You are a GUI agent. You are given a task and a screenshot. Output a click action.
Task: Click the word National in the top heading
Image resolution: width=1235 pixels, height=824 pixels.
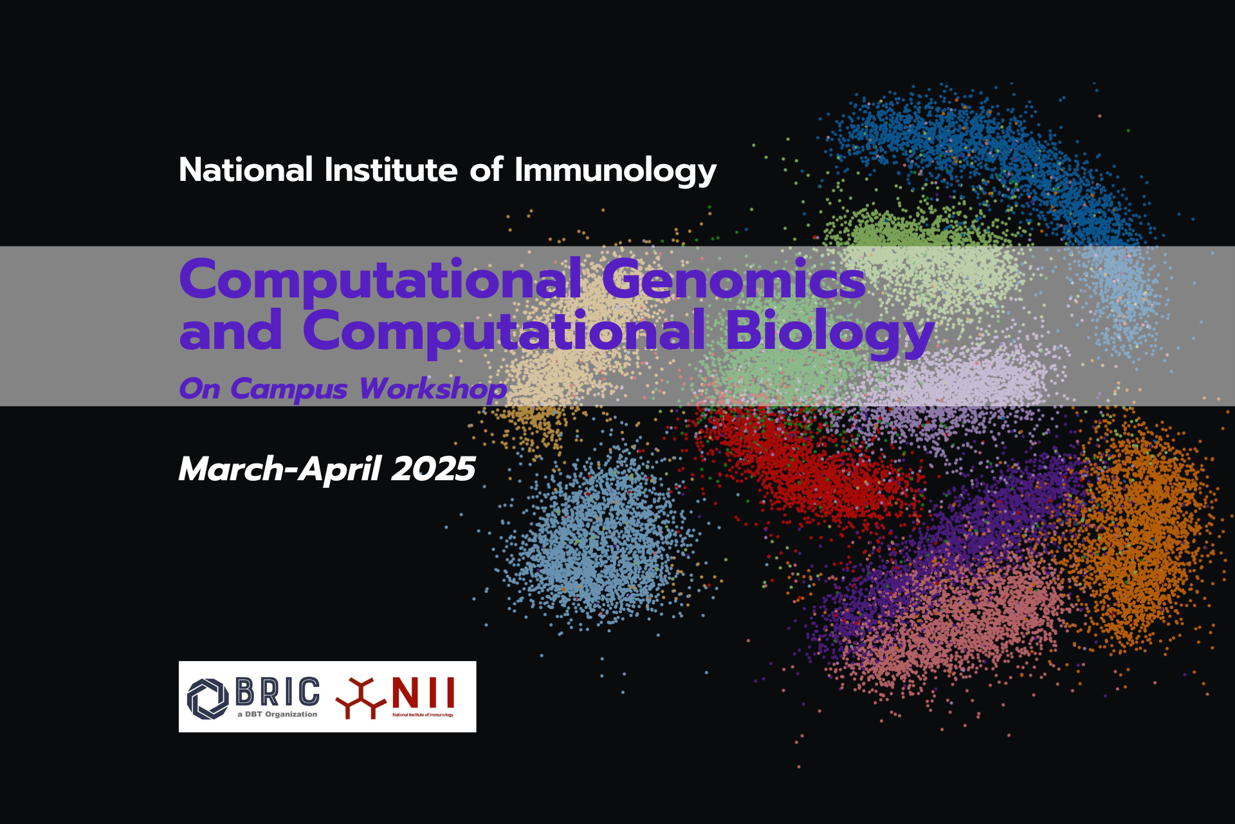pyautogui.click(x=246, y=170)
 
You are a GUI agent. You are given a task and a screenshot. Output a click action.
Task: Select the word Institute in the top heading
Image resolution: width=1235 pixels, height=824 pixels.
pyautogui.click(x=391, y=170)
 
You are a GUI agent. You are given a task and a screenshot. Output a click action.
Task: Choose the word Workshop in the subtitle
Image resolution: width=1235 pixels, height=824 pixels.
pyautogui.click(x=433, y=389)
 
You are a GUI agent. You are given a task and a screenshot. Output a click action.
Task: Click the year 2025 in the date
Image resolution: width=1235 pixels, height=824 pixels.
pyautogui.click(x=434, y=469)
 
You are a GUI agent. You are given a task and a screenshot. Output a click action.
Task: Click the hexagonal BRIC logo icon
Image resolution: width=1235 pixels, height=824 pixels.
pyautogui.click(x=208, y=698)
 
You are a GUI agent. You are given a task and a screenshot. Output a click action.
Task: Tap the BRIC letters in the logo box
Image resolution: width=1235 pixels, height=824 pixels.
pyautogui.click(x=278, y=692)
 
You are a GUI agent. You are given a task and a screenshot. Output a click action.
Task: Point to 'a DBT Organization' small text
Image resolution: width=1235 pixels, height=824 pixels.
pyautogui.click(x=277, y=715)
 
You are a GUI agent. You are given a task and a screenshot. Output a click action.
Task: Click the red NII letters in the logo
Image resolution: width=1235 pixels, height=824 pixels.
pyautogui.click(x=423, y=693)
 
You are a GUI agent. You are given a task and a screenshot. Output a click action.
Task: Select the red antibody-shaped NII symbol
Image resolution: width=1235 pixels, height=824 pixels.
pyautogui.click(x=361, y=698)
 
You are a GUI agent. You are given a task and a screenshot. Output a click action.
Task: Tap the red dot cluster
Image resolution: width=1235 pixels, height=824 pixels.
pyautogui.click(x=810, y=467)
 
